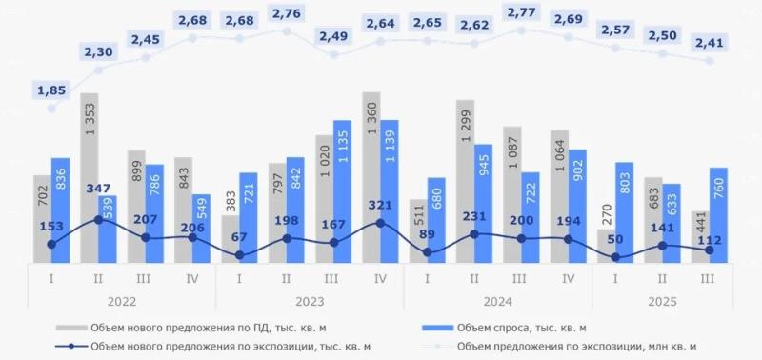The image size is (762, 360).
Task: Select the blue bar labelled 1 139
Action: coord(389,190)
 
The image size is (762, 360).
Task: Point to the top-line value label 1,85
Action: coord(51,90)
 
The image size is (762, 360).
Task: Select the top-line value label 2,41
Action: coord(710,42)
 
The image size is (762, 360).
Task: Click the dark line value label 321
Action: coord(380,205)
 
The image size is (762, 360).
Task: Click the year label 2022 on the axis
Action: coord(122,302)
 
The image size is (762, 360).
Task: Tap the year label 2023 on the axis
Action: coord(310,302)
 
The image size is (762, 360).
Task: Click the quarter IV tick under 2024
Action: coord(569,280)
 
